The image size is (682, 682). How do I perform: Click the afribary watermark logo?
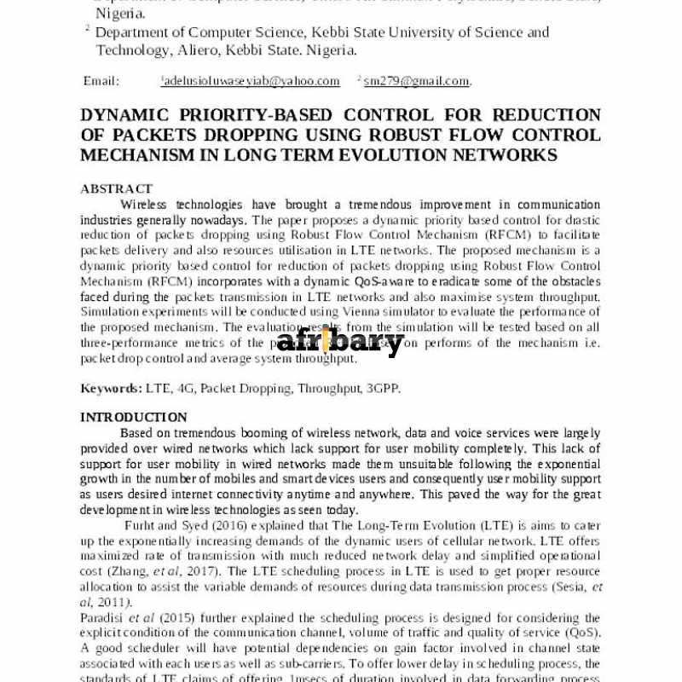[341, 342]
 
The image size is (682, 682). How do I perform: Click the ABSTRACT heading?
[116, 188]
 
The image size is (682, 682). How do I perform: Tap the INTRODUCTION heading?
[134, 417]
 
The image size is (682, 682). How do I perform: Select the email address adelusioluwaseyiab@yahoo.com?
[251, 81]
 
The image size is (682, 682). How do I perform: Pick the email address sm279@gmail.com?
[416, 81]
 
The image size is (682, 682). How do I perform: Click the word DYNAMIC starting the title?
[125, 115]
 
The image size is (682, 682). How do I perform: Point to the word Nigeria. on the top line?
[119, 14]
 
